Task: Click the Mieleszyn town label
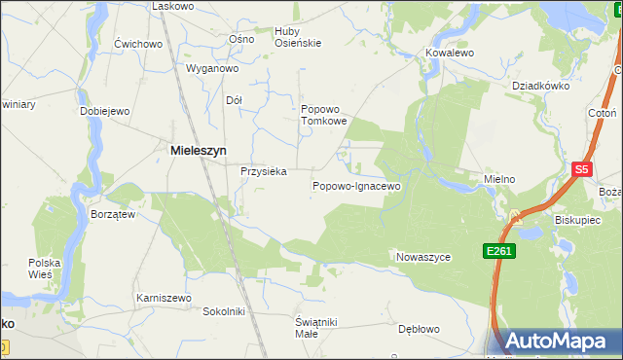click(200, 151)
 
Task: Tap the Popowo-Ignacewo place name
click(356, 185)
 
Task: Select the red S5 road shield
click(582, 169)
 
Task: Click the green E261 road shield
click(499, 251)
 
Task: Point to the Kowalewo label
click(450, 53)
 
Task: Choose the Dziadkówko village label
click(540, 85)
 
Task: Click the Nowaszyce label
click(423, 257)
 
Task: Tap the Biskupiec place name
click(577, 220)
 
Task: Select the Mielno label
click(498, 180)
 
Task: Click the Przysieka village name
click(263, 171)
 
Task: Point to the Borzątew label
click(112, 214)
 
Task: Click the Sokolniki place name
click(223, 311)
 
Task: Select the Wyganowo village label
click(212, 69)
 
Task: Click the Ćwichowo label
click(137, 44)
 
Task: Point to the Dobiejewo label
click(105, 111)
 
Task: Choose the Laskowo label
click(173, 6)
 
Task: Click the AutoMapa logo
click(558, 341)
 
